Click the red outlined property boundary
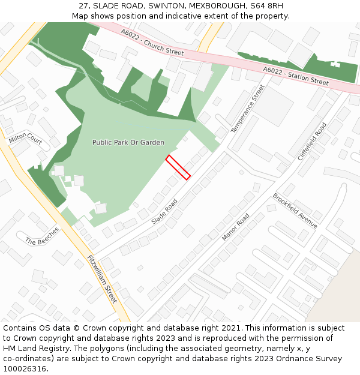pyautogui.click(x=178, y=167)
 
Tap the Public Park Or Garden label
pyautogui.click(x=128, y=143)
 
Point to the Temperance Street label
pyautogui.click(x=247, y=109)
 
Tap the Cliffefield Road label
pyautogui.click(x=312, y=141)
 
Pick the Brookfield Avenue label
pyautogui.click(x=295, y=210)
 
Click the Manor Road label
pyautogui.click(x=235, y=227)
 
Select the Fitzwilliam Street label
pyautogui.click(x=102, y=279)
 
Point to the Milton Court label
pyautogui.click(x=25, y=140)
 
